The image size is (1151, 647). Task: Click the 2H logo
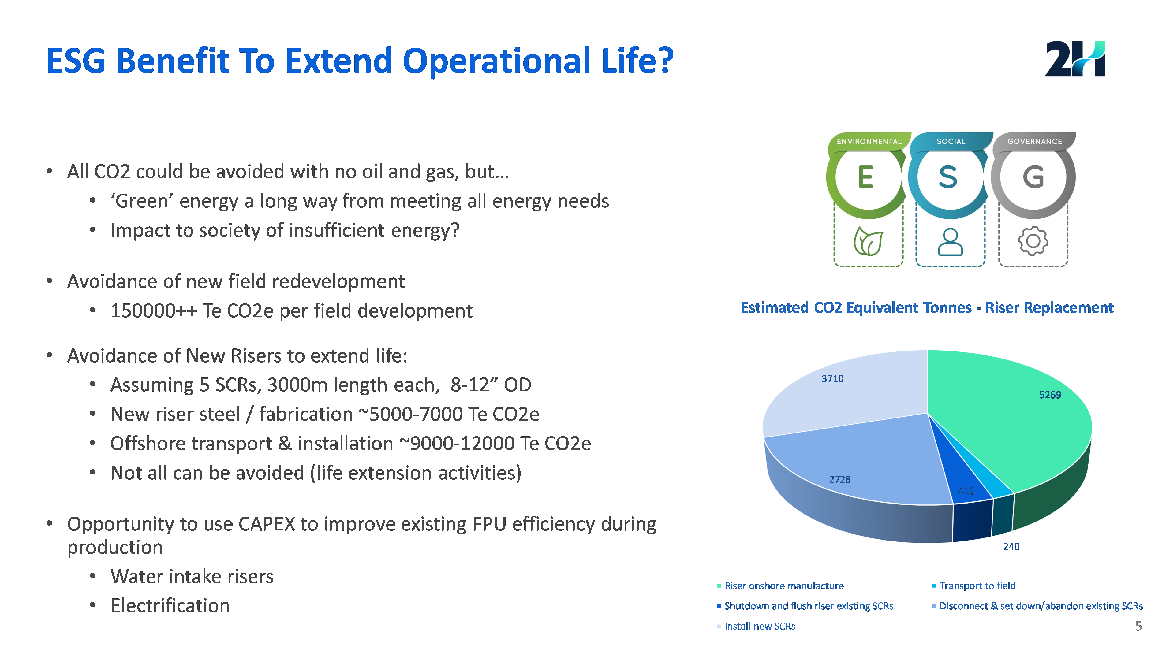(x=1074, y=59)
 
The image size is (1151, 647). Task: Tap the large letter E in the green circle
(x=865, y=177)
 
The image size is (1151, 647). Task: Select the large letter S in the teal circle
(x=948, y=177)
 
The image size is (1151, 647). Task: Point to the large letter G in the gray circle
(x=1033, y=177)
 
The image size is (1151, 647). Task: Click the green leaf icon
(x=868, y=242)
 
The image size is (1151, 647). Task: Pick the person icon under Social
(x=950, y=242)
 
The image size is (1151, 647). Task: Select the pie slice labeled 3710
(x=849, y=393)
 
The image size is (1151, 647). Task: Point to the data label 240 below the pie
(x=1011, y=547)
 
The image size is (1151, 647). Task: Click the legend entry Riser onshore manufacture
(x=784, y=586)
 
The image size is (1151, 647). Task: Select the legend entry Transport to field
(x=977, y=586)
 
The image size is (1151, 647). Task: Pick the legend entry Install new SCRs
(x=760, y=627)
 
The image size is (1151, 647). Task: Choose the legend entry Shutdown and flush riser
(x=808, y=606)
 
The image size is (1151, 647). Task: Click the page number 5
(x=1138, y=626)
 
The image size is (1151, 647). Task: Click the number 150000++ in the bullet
(x=153, y=311)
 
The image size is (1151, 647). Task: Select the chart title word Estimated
(x=774, y=308)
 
